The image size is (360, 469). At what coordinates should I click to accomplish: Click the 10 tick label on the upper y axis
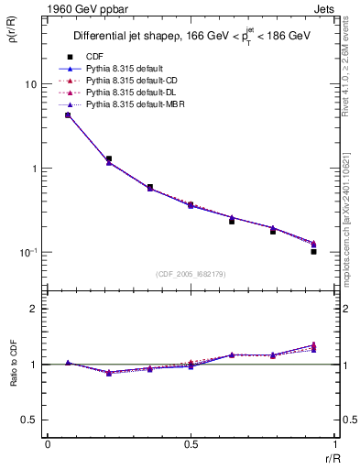click(29, 84)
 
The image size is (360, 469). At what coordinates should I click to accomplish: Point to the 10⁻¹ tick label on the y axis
click(27, 252)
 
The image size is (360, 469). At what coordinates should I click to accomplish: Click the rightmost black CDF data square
click(313, 251)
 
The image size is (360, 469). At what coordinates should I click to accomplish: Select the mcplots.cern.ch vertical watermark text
click(351, 220)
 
